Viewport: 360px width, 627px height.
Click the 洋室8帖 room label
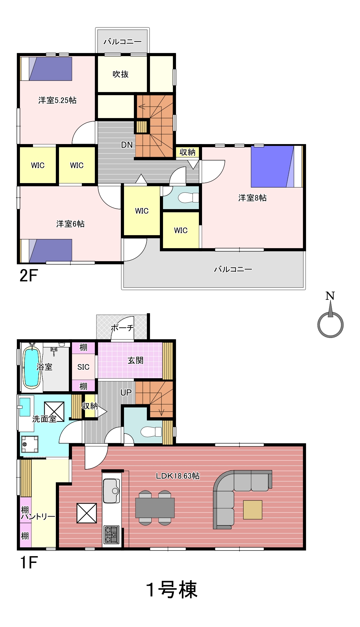coord(252,198)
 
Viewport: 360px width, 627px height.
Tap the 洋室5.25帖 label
coord(57,100)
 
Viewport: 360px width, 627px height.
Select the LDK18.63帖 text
coord(178,476)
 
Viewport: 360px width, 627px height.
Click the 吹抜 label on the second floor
coord(121,74)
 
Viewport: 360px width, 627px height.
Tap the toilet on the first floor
coord(151,432)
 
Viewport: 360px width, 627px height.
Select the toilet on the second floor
coord(188,198)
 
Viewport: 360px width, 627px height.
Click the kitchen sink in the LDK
coord(112,491)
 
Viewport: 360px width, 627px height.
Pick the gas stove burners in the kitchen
coord(112,535)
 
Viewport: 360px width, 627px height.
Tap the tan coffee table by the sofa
coord(252,510)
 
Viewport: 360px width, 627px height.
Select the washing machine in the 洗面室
coord(30,444)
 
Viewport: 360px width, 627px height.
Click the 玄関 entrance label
coord(135,360)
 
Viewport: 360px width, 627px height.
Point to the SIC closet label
coord(83,367)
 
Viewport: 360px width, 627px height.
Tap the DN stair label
coord(127,145)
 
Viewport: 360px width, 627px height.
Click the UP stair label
coord(126,393)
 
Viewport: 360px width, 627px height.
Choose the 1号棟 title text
coord(172,590)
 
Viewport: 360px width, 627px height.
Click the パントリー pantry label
coord(38,517)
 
